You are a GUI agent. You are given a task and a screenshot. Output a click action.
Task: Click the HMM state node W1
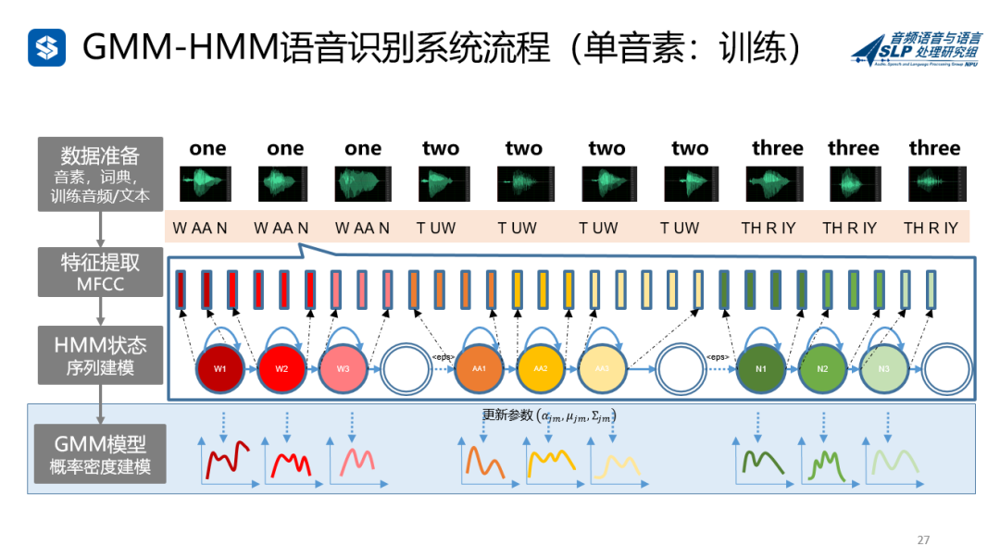pyautogui.click(x=220, y=368)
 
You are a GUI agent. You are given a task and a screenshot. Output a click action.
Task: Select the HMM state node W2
pyautogui.click(x=281, y=368)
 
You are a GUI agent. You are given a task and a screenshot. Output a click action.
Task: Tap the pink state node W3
pyautogui.click(x=343, y=368)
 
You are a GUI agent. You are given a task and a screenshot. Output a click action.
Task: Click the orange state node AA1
pyautogui.click(x=479, y=368)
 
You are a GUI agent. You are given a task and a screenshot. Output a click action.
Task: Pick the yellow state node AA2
pyautogui.click(x=540, y=368)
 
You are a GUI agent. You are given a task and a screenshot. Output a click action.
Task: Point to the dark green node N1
pyautogui.click(x=760, y=368)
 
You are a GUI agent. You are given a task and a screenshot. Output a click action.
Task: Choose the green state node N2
pyautogui.click(x=822, y=368)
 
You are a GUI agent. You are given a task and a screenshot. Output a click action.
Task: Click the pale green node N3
pyautogui.click(x=883, y=368)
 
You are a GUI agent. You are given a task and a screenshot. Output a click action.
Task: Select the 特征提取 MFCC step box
pyautogui.click(x=100, y=272)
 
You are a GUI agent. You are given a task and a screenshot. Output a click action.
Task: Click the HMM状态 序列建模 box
pyautogui.click(x=100, y=355)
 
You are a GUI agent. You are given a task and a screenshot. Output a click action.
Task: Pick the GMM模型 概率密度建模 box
pyautogui.click(x=100, y=454)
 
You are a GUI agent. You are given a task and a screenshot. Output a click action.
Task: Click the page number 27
pyautogui.click(x=922, y=540)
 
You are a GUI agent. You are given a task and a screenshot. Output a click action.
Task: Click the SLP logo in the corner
pyautogui.click(x=916, y=48)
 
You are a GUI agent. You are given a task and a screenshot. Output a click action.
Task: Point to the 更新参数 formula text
pyautogui.click(x=549, y=415)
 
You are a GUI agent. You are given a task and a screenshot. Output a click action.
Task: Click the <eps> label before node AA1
pyautogui.click(x=443, y=357)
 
